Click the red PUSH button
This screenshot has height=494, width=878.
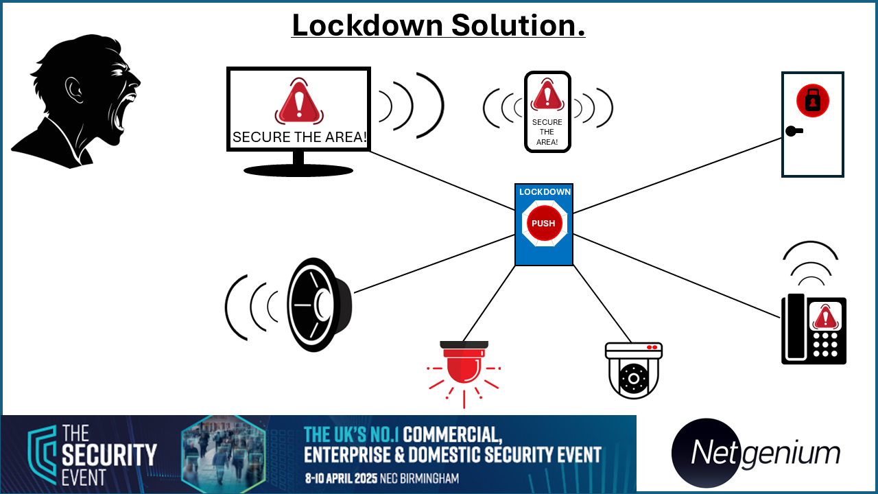point(544,223)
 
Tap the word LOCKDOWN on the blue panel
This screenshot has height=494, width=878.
point(545,192)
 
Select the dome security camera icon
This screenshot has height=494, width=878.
point(634,371)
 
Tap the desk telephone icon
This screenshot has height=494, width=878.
point(814,330)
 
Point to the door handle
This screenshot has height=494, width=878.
point(794,131)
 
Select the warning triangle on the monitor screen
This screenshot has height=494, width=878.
point(298,102)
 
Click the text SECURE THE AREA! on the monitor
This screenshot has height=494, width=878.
point(299,137)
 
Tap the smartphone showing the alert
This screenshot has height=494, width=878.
point(547,112)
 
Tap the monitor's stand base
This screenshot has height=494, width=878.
point(298,170)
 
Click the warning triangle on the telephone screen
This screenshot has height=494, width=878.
point(825,316)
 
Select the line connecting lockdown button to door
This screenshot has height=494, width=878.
point(678,175)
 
